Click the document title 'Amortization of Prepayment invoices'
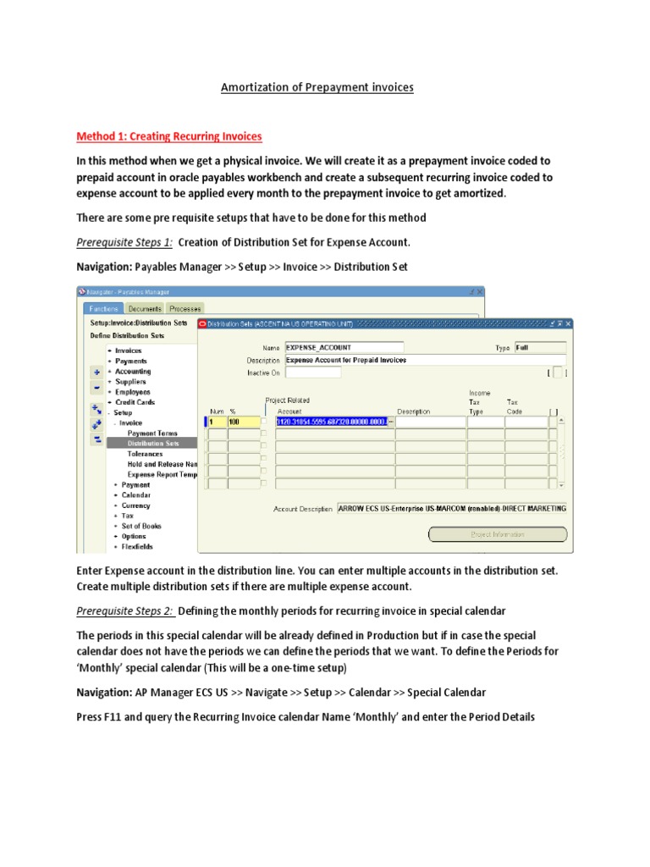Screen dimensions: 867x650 317,87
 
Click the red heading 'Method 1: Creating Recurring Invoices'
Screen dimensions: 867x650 169,136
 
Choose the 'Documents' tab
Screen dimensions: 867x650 144,309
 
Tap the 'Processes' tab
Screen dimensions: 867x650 184,309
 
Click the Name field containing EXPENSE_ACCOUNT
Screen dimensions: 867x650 344,347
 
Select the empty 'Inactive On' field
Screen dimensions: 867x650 313,372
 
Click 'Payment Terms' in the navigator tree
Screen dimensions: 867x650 152,433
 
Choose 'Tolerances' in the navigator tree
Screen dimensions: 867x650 145,454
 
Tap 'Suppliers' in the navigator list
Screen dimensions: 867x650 131,382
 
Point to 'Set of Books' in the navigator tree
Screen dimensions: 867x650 140,526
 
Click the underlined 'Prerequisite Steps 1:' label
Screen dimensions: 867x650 124,243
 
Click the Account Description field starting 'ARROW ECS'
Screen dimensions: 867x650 452,509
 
